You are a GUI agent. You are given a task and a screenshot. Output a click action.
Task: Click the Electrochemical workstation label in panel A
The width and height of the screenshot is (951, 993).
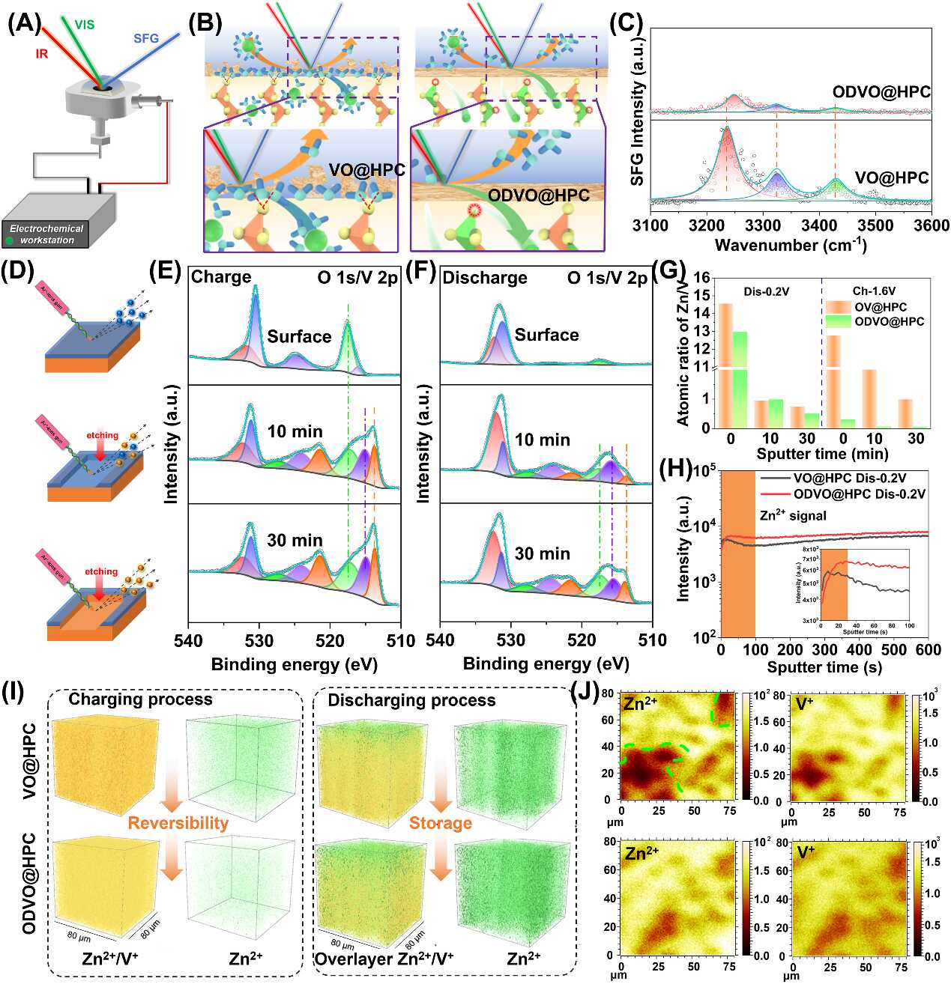[46, 234]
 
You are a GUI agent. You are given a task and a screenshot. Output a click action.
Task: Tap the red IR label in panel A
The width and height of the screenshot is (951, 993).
[41, 54]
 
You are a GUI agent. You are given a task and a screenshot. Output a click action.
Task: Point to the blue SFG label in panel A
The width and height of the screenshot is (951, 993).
[146, 38]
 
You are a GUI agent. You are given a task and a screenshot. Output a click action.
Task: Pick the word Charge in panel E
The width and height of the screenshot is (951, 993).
[221, 277]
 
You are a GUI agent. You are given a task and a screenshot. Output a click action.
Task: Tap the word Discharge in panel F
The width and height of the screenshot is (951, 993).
[485, 278]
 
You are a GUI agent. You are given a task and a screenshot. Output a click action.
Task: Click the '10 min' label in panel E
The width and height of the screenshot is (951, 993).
[295, 431]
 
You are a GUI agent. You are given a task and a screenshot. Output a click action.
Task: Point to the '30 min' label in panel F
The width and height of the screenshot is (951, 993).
[542, 553]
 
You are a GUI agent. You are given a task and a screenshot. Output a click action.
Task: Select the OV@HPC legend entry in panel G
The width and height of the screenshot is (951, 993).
[881, 307]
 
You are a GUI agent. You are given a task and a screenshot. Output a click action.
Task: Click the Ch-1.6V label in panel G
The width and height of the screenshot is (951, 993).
[874, 291]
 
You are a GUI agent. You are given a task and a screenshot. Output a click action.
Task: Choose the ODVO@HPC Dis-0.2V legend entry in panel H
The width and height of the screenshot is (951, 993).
[860, 494]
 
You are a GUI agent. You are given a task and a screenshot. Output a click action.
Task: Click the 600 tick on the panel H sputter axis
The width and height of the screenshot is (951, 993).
[928, 650]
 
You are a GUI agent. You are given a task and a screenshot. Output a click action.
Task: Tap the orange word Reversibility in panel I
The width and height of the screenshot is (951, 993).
[178, 823]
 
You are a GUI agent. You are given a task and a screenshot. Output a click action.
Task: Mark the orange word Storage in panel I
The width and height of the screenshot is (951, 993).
[440, 823]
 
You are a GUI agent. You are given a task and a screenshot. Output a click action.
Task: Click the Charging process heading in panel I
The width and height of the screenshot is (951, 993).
[140, 699]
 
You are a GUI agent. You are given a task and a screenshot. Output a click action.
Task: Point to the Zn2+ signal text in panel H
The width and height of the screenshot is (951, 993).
[793, 515]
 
